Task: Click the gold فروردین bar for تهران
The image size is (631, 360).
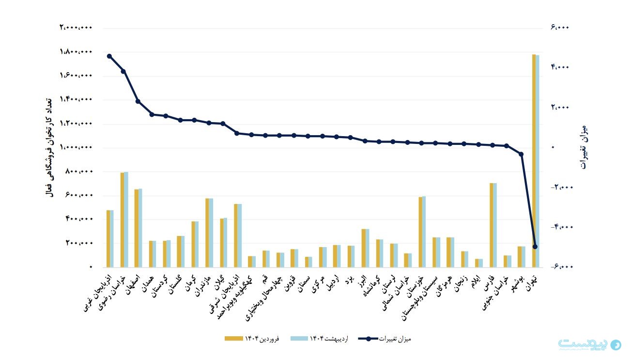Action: coord(534,160)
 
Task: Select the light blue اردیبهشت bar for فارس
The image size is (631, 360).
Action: coord(495,225)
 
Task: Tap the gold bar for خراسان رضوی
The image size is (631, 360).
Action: coord(122,219)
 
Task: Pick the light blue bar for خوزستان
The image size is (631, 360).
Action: coord(424,232)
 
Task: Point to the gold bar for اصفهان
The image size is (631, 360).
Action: coord(137,228)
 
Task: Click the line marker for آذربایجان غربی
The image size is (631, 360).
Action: coord(109,56)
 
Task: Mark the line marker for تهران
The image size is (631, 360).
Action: coord(535,247)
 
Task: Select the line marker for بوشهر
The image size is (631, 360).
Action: coord(521,154)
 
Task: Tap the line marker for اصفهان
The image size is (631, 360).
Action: coord(138,101)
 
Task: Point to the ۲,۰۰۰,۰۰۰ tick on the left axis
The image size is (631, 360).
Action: coord(76,28)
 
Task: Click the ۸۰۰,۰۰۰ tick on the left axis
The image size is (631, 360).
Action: coord(79,172)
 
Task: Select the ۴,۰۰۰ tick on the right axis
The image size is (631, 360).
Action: coord(560,67)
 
